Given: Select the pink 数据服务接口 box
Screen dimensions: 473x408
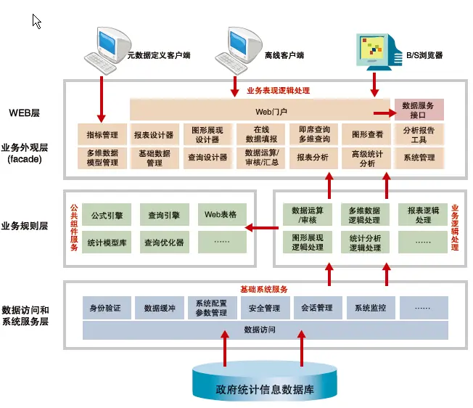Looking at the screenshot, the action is (x=419, y=110).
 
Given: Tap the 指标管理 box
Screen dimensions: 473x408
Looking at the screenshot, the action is (x=102, y=134).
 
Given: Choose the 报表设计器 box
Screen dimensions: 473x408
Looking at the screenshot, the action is (x=154, y=134).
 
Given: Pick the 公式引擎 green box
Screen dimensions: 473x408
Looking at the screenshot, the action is (x=107, y=215).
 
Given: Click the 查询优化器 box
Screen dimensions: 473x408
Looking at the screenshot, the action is (x=165, y=242).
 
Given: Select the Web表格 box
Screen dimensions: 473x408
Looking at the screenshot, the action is (x=222, y=215).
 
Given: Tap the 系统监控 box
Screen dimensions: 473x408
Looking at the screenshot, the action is (x=371, y=308).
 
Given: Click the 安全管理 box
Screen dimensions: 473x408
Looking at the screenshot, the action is (x=266, y=308).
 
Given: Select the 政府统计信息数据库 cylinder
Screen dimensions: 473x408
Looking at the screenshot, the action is (x=265, y=381).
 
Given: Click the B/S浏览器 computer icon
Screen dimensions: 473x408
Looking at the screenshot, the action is (x=379, y=52).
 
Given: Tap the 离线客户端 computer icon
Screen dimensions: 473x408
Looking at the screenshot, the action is (x=238, y=50).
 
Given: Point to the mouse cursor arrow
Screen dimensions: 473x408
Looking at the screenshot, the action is (x=36, y=21).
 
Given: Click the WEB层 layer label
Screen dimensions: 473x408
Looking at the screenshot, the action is (x=25, y=113).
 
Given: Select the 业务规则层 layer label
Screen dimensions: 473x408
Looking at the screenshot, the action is (x=25, y=226).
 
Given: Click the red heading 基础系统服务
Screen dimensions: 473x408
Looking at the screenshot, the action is (x=264, y=290).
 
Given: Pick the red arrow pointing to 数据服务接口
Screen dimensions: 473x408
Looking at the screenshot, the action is (x=384, y=113).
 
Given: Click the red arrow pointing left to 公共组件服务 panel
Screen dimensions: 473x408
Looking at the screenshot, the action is (x=262, y=227).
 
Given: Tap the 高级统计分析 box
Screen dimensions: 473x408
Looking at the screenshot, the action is (x=366, y=158).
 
